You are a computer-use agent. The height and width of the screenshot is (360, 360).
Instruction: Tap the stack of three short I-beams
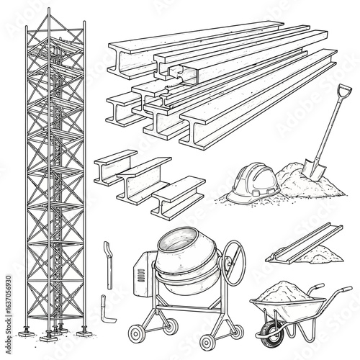point(148,180)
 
